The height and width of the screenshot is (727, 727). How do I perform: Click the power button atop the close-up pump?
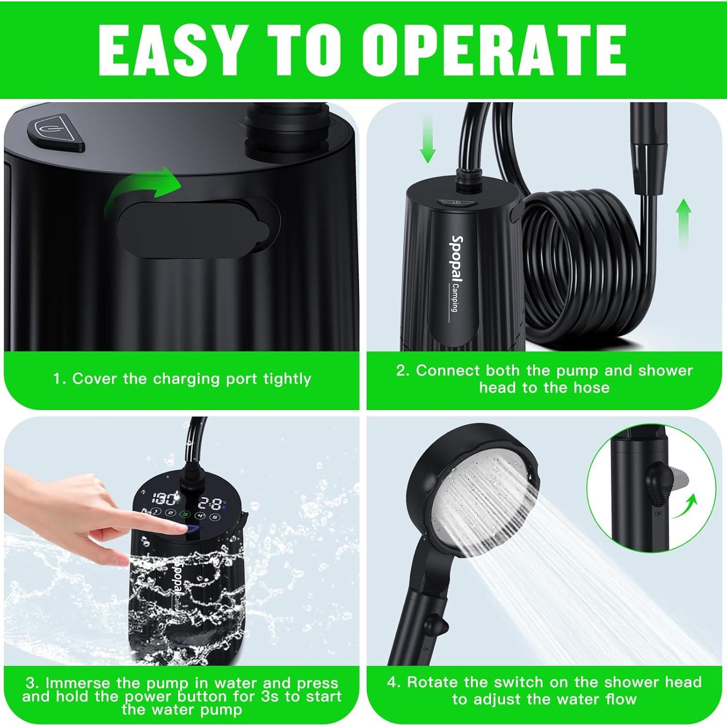[56, 133]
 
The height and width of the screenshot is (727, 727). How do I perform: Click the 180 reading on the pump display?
[163, 499]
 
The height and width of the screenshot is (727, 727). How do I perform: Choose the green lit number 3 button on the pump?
[186, 514]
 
